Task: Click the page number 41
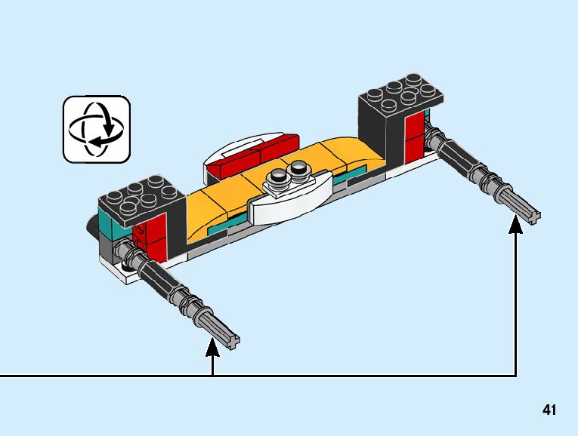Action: pos(549,410)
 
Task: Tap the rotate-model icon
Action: pos(96,128)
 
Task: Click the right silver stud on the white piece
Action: pos(299,167)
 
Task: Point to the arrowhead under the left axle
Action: pos(213,348)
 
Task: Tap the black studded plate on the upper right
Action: pos(400,94)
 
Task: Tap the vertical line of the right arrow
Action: pos(516,302)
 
